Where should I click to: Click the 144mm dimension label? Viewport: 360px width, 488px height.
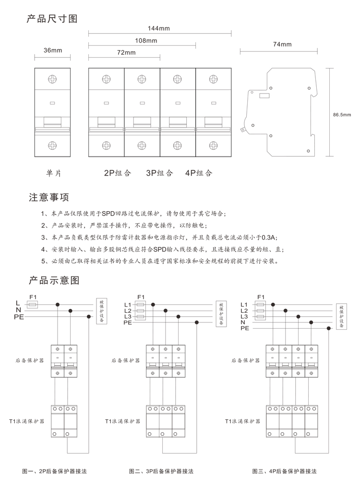159,28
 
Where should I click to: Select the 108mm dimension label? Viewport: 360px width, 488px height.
146,40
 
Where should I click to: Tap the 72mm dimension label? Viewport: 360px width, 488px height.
126,53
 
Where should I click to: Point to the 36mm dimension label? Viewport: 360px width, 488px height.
53,50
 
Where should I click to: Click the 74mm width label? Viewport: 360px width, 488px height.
282,44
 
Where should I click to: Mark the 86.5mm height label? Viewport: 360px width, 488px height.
342,115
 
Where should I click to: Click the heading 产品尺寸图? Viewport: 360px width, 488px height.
52,19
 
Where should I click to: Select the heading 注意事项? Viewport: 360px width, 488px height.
49,197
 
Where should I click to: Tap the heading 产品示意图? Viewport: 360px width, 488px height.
54,280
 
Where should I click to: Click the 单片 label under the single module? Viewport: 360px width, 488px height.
54,173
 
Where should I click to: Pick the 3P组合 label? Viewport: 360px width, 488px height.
159,173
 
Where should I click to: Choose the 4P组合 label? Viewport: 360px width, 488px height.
199,173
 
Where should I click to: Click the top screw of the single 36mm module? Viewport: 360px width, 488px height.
52,79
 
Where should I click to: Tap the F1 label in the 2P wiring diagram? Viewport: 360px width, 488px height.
33,297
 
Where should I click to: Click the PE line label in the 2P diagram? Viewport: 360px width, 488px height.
19,317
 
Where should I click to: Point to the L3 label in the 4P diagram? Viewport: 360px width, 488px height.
244,317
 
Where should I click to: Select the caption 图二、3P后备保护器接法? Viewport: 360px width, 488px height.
161,471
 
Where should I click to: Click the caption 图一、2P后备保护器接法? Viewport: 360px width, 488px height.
55,471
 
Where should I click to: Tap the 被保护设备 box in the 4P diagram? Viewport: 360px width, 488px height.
342,317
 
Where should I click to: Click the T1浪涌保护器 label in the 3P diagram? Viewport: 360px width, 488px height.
123,421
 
